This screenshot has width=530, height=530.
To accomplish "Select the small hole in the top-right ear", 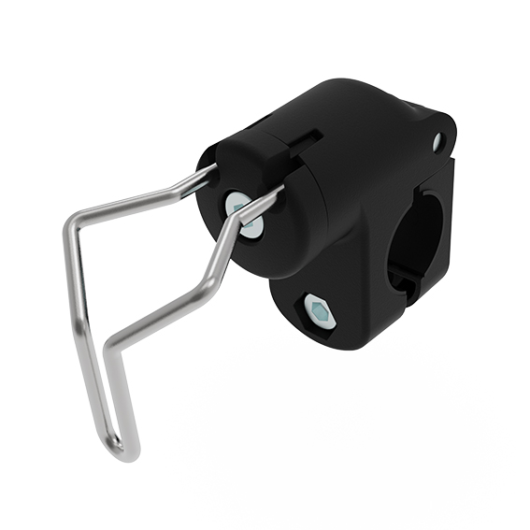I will (437, 142).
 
